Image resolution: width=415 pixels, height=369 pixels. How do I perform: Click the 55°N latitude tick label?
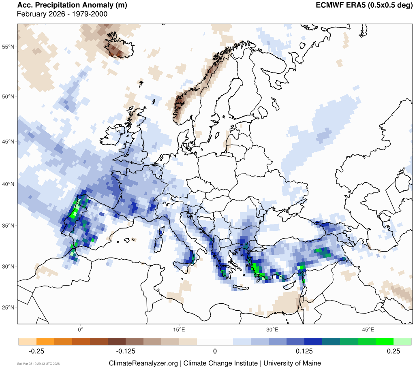tap(8, 47)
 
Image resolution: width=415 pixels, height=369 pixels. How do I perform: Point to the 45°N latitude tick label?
tap(8, 142)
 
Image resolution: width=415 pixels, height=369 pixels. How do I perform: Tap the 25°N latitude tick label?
tap(8, 307)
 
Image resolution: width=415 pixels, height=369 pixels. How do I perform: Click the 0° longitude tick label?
tap(80, 329)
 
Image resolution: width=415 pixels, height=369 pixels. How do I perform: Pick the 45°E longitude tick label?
tap(368, 329)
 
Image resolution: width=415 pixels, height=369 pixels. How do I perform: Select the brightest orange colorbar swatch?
tap(45, 341)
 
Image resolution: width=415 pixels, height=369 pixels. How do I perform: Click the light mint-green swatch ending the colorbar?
tap(402, 341)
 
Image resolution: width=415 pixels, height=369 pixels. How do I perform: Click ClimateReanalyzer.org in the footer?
tap(143, 363)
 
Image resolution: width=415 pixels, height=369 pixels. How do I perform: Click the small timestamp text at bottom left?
tap(39, 364)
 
